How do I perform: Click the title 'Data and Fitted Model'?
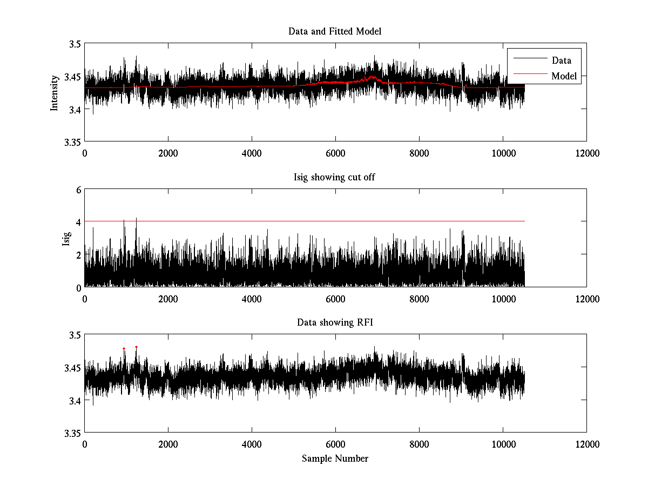tap(335, 31)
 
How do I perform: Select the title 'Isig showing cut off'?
tap(335, 177)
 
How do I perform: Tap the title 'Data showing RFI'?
tap(335, 322)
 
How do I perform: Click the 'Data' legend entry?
tap(561, 60)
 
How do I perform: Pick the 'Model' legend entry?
tap(564, 76)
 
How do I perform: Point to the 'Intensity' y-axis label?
tap(54, 93)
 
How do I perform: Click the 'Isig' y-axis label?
tap(66, 238)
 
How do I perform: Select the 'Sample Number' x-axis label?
tap(335, 458)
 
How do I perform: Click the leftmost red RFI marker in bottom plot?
tap(124, 348)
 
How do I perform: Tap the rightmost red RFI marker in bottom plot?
tap(136, 347)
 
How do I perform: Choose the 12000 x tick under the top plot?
tap(586, 153)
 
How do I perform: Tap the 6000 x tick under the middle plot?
tap(335, 299)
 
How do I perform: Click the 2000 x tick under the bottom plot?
tap(168, 444)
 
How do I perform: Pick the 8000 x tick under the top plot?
tap(419, 153)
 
